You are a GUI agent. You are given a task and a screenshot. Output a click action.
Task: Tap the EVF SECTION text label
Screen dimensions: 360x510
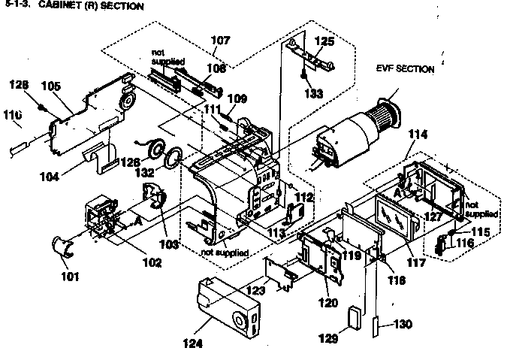click(x=405, y=69)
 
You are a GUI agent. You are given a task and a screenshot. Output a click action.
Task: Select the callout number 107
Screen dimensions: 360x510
click(x=221, y=39)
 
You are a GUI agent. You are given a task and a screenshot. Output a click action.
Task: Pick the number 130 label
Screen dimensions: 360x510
click(x=403, y=325)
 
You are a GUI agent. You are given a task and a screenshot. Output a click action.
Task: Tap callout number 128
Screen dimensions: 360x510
click(x=19, y=85)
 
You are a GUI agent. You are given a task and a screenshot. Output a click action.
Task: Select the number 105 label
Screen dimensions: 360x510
click(x=50, y=86)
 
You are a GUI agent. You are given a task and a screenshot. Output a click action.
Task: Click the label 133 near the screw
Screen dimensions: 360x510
click(x=314, y=93)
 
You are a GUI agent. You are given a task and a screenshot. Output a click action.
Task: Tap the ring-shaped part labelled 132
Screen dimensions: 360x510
click(x=173, y=157)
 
